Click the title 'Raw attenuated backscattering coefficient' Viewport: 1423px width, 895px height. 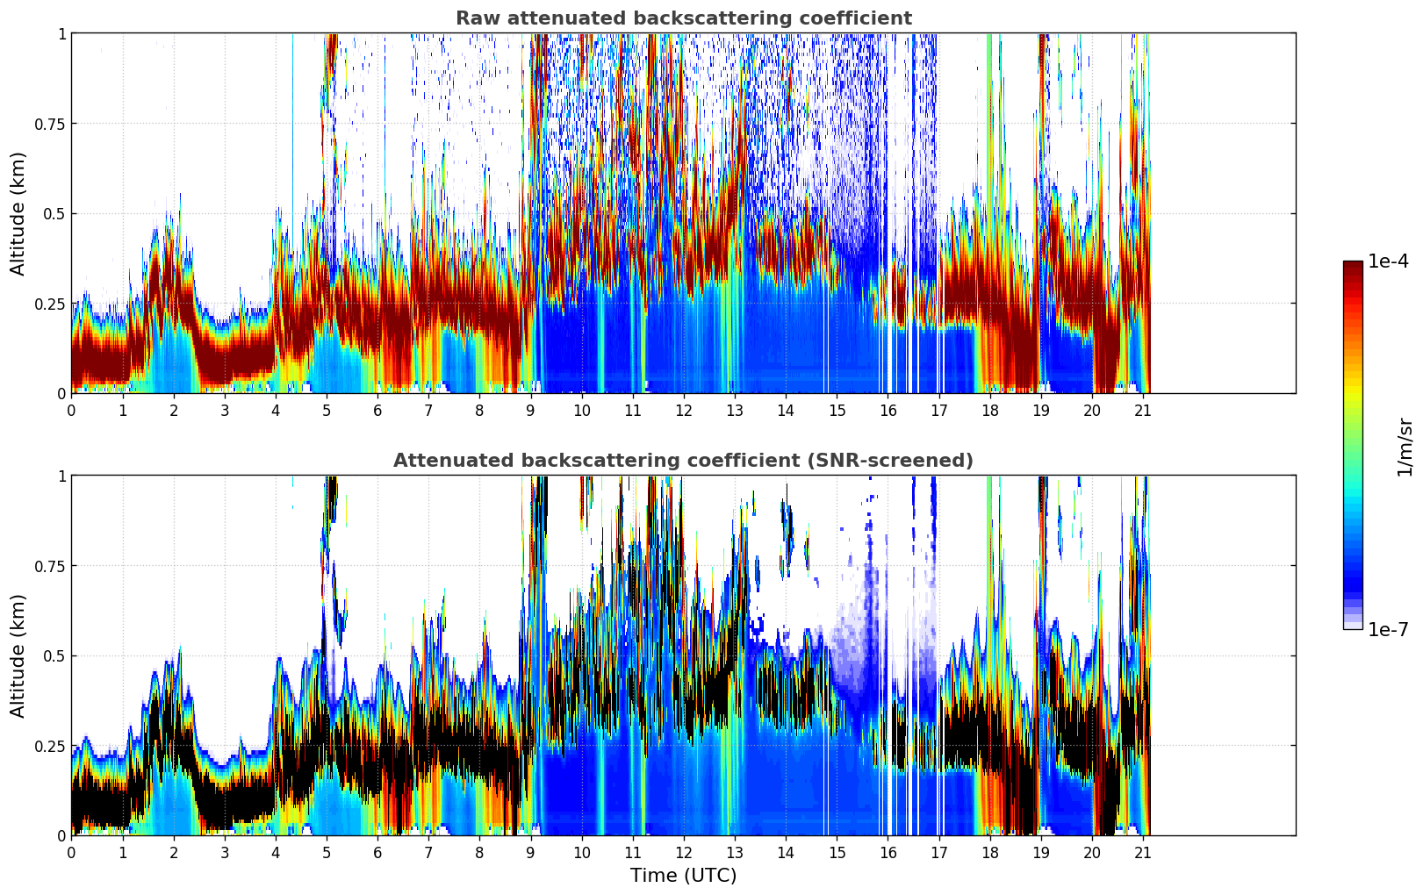click(683, 18)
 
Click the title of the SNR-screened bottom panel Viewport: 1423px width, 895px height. click(683, 461)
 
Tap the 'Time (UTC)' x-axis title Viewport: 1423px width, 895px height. click(683, 876)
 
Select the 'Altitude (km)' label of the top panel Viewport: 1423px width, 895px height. click(18, 213)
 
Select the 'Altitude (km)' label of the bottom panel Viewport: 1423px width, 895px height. click(18, 655)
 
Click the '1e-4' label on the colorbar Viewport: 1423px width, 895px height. click(1388, 261)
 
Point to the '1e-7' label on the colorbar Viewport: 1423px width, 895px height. click(1388, 629)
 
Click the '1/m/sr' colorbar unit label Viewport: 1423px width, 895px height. click(1405, 447)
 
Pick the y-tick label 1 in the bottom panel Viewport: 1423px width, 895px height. click(61, 476)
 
